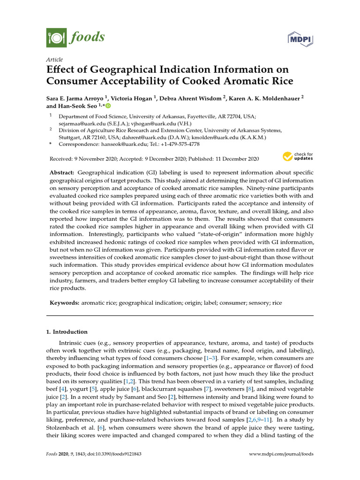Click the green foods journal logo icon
pyautogui.click(x=56, y=37)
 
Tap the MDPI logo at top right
pyautogui.click(x=300, y=38)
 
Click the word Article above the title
pyautogui.click(x=54, y=60)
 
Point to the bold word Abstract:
pyautogui.click(x=62, y=173)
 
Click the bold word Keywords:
pyautogui.click(x=65, y=303)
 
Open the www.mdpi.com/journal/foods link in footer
pyautogui.click(x=281, y=454)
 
